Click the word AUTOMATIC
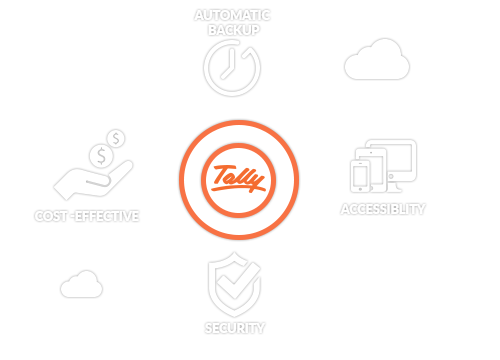232,15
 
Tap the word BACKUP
232,30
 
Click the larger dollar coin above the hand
99,156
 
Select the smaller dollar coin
116,138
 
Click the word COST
53,216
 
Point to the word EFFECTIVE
107,216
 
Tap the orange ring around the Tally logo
239,126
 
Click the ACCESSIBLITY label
384,209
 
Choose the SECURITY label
235,328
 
